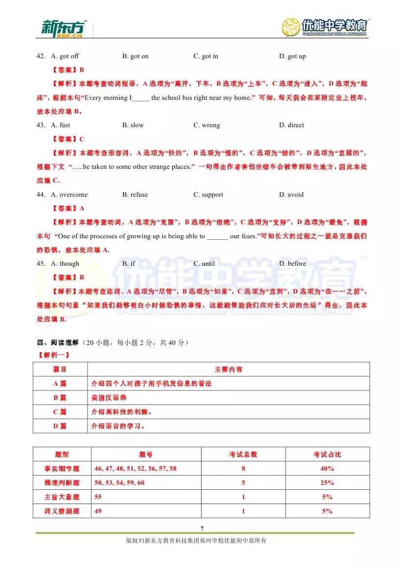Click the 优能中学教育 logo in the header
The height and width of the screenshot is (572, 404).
pyautogui.click(x=325, y=27)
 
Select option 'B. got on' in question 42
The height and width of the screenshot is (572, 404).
pyautogui.click(x=135, y=56)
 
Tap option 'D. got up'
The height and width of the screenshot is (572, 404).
pyautogui.click(x=292, y=56)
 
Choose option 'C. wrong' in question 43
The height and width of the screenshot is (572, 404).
pyautogui.click(x=206, y=125)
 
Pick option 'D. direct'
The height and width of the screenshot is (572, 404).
pyautogui.click(x=292, y=125)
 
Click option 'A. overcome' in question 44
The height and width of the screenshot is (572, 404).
pyautogui.click(x=69, y=195)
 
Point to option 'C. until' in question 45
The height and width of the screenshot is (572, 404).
pyautogui.click(x=204, y=264)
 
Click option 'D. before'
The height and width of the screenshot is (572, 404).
pyautogui.click(x=292, y=264)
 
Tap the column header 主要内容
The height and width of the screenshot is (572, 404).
pyautogui.click(x=228, y=369)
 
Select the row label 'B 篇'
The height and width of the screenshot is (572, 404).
pyautogui.click(x=60, y=398)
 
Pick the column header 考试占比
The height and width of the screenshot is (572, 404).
pyautogui.click(x=327, y=455)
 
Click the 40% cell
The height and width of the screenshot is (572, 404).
pyautogui.click(x=327, y=469)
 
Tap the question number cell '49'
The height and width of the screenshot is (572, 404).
pyautogui.click(x=99, y=511)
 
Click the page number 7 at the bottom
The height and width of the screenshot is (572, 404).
pyautogui.click(x=202, y=528)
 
